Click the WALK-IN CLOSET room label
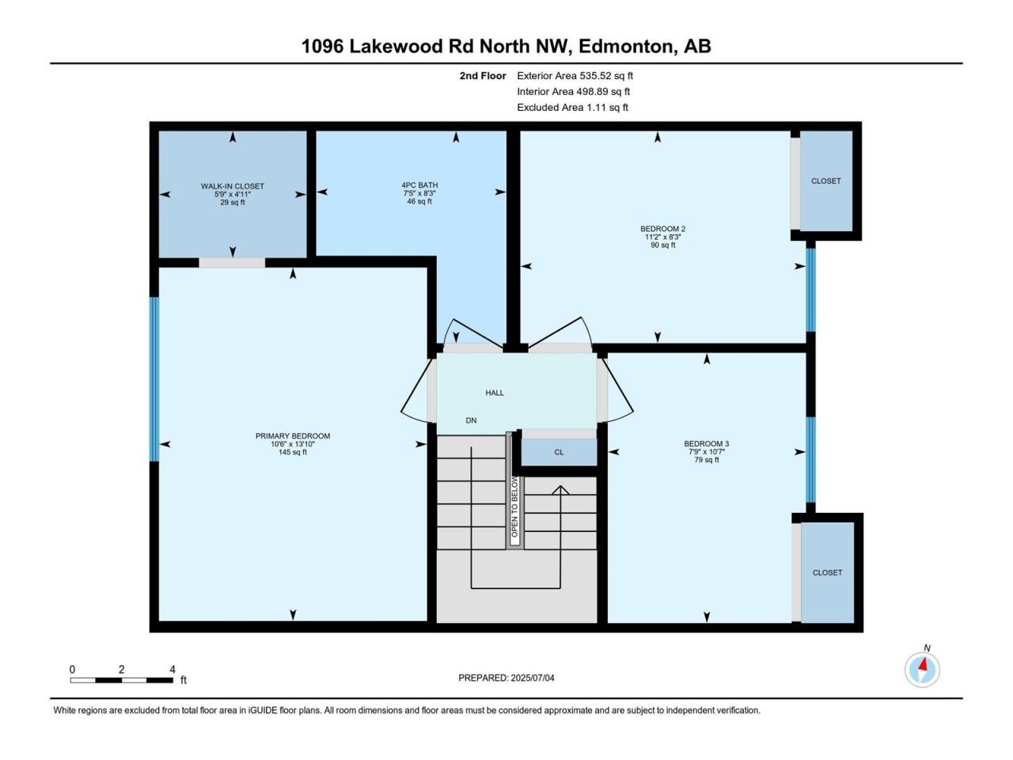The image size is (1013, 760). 232,186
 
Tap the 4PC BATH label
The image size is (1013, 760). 419,185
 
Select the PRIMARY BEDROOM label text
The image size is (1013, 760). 293,435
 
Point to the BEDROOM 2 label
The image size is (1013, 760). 662,229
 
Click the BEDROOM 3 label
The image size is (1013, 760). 706,443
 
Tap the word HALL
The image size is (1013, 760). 495,393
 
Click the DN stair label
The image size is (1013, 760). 471,420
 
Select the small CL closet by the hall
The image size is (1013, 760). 559,452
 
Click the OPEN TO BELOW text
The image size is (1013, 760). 514,507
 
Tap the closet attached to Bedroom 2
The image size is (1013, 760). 826,180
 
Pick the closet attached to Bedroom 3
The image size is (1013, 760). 828,572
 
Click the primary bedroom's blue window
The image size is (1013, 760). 154,379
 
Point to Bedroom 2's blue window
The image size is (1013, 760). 810,290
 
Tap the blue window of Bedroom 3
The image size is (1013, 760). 810,460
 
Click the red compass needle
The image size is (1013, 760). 923,665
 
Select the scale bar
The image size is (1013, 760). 121,680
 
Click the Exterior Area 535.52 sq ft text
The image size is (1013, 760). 575,76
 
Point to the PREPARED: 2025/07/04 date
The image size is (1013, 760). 506,678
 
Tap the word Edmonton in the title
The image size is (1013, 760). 625,46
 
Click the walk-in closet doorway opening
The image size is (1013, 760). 232,263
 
